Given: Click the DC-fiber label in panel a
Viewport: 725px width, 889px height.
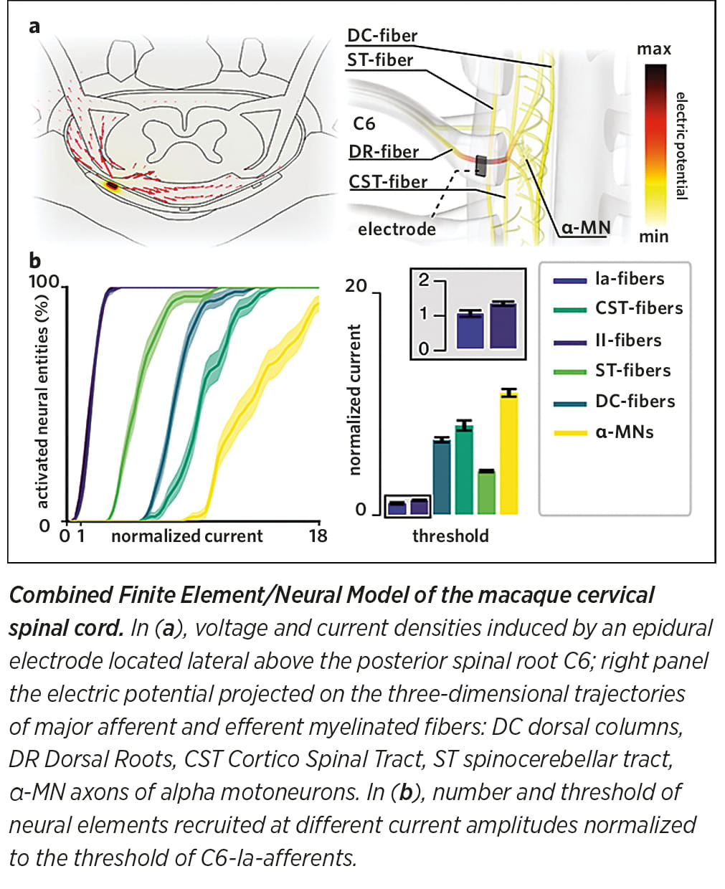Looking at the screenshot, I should click(x=382, y=35).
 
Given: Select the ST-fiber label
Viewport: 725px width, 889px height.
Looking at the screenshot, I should click(x=380, y=60).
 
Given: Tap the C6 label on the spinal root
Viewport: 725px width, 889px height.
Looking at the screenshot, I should click(x=364, y=123).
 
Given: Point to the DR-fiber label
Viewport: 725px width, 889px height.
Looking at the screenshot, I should click(x=384, y=152).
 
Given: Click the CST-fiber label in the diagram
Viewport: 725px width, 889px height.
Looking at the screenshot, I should click(x=388, y=182).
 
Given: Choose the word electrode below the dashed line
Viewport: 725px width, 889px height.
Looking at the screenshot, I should click(x=397, y=229).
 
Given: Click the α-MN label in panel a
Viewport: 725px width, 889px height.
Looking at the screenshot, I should click(x=586, y=229).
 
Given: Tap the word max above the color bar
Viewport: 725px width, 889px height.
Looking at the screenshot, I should click(x=653, y=49).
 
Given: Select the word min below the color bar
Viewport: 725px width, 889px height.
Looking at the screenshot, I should click(x=653, y=237).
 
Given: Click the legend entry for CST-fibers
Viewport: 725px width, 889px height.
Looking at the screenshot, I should click(x=638, y=308).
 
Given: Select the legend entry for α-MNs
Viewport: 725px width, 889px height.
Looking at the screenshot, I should click(x=624, y=432).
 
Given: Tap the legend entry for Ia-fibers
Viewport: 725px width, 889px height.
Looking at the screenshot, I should click(x=629, y=279).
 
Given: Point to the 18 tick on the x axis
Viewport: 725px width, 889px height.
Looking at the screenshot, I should click(x=318, y=536).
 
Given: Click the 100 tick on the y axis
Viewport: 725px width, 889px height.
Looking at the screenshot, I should click(x=43, y=282).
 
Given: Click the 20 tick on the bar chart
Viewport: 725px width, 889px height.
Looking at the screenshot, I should click(x=356, y=286).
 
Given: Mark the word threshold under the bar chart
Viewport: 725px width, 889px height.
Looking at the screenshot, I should click(x=450, y=536).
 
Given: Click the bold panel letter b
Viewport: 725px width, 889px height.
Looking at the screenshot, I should click(x=34, y=261).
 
